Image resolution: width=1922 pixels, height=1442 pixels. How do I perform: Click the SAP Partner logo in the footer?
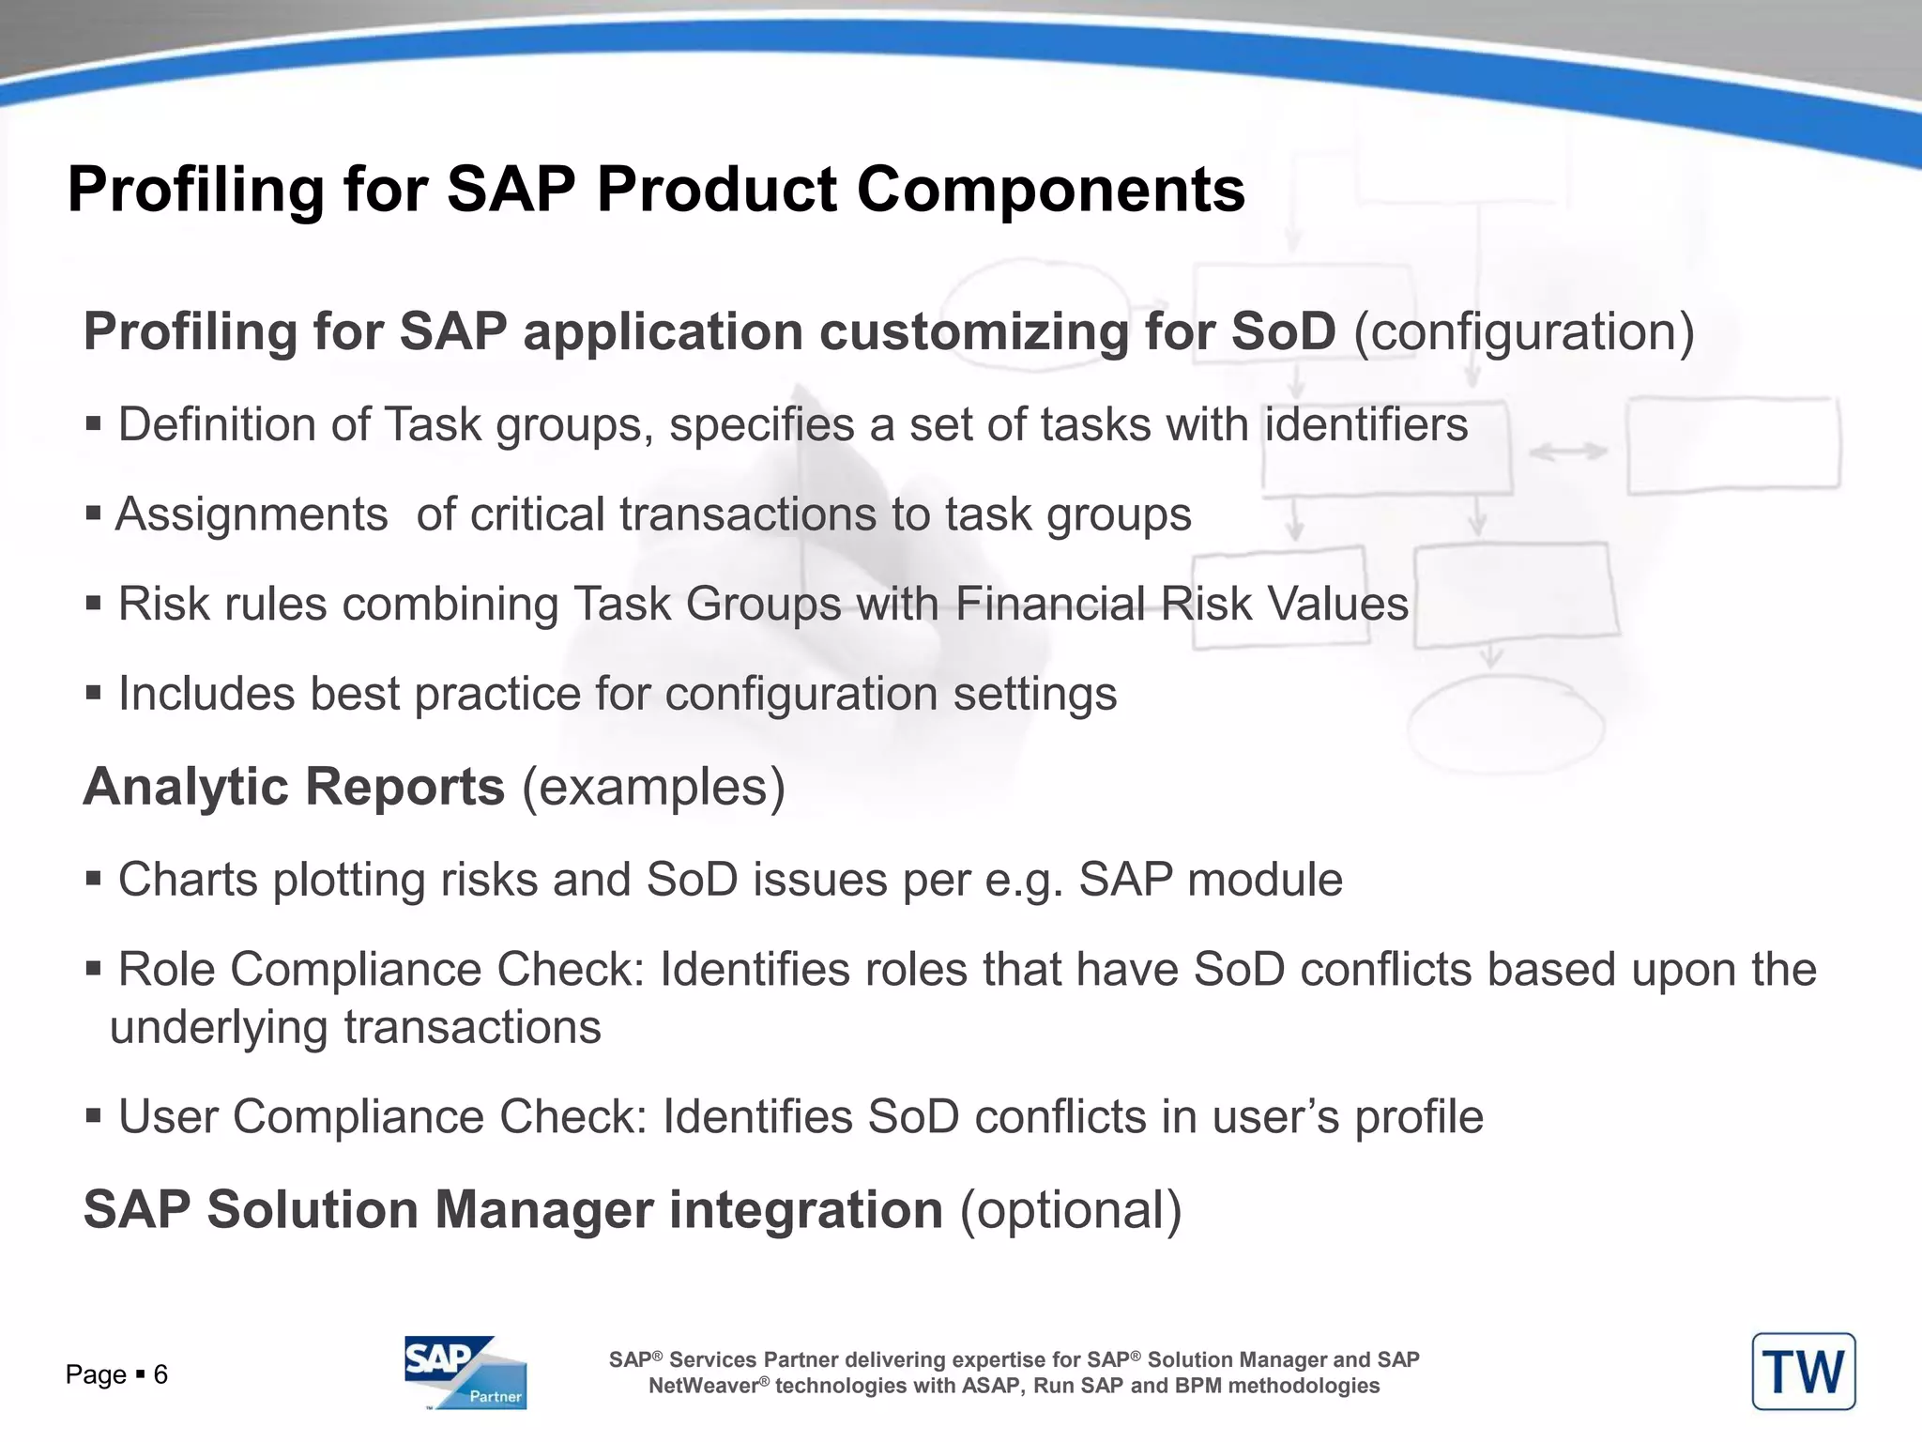click(465, 1372)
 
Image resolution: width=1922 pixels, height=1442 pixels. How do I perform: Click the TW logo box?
click(1803, 1372)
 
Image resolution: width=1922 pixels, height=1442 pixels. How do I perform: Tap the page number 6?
click(160, 1375)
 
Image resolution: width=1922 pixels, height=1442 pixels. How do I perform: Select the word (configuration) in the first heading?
click(1524, 332)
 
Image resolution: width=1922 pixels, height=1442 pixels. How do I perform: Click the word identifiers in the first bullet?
click(1366, 424)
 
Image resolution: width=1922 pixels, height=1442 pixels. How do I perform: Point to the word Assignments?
click(252, 514)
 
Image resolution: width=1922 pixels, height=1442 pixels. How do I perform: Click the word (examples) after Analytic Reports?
click(653, 787)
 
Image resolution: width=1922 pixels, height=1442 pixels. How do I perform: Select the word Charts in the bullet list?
click(188, 880)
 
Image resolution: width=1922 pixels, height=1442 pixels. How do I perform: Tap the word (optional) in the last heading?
click(1071, 1209)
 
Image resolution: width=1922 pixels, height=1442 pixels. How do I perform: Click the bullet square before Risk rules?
click(93, 603)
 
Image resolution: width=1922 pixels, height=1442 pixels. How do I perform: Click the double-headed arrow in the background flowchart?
click(1568, 453)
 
